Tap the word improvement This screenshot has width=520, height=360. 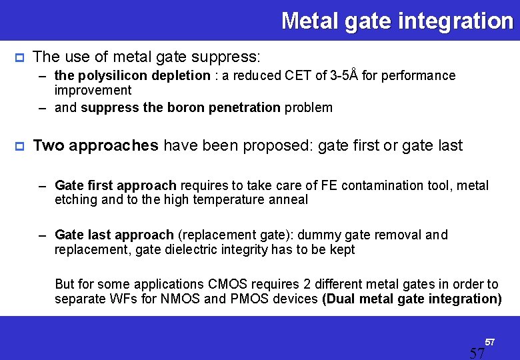tap(93, 90)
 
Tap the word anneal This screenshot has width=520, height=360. tap(287, 199)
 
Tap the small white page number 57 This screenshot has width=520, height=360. tap(489, 342)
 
